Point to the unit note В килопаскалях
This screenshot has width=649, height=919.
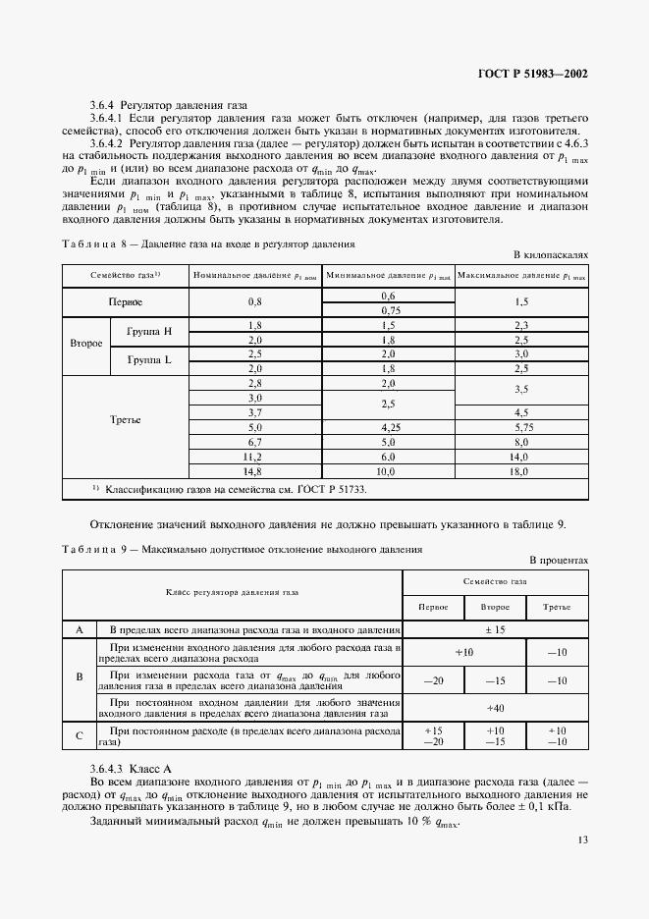pyautogui.click(x=551, y=254)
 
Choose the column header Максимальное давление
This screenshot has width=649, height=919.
pyautogui.click(x=521, y=276)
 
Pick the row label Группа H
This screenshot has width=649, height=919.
pyautogui.click(x=148, y=332)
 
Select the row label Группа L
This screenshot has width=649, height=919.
pyautogui.click(x=148, y=360)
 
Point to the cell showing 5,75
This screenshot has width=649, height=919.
pyautogui.click(x=521, y=428)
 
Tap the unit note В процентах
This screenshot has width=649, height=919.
pyautogui.click(x=559, y=560)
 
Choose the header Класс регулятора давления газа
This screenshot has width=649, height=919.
pyautogui.click(x=233, y=593)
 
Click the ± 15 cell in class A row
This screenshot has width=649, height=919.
pyautogui.click(x=495, y=629)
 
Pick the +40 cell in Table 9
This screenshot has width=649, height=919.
pyautogui.click(x=495, y=708)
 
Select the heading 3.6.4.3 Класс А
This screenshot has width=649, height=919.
pyautogui.click(x=131, y=765)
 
